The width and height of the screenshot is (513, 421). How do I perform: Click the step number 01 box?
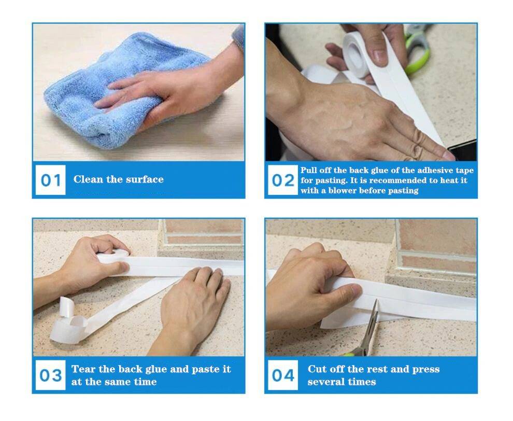[51, 180]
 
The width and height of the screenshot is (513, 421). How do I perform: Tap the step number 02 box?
[282, 180]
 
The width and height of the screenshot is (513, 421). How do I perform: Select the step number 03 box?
[51, 375]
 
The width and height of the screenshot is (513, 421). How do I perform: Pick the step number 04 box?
[282, 375]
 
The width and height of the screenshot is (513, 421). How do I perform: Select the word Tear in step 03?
[82, 369]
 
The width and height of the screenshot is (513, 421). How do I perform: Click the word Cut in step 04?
[317, 369]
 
